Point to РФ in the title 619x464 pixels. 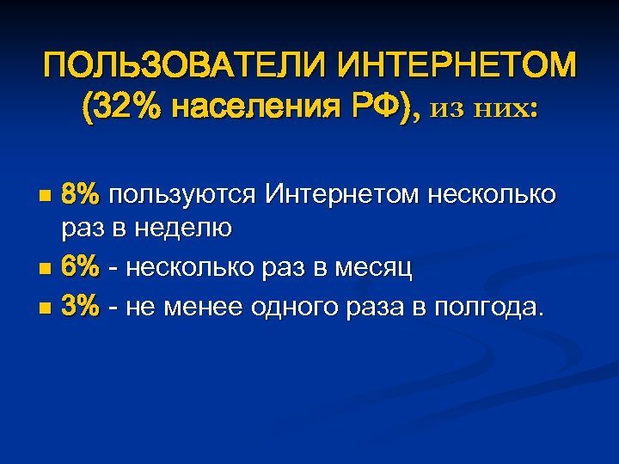(363, 109)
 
